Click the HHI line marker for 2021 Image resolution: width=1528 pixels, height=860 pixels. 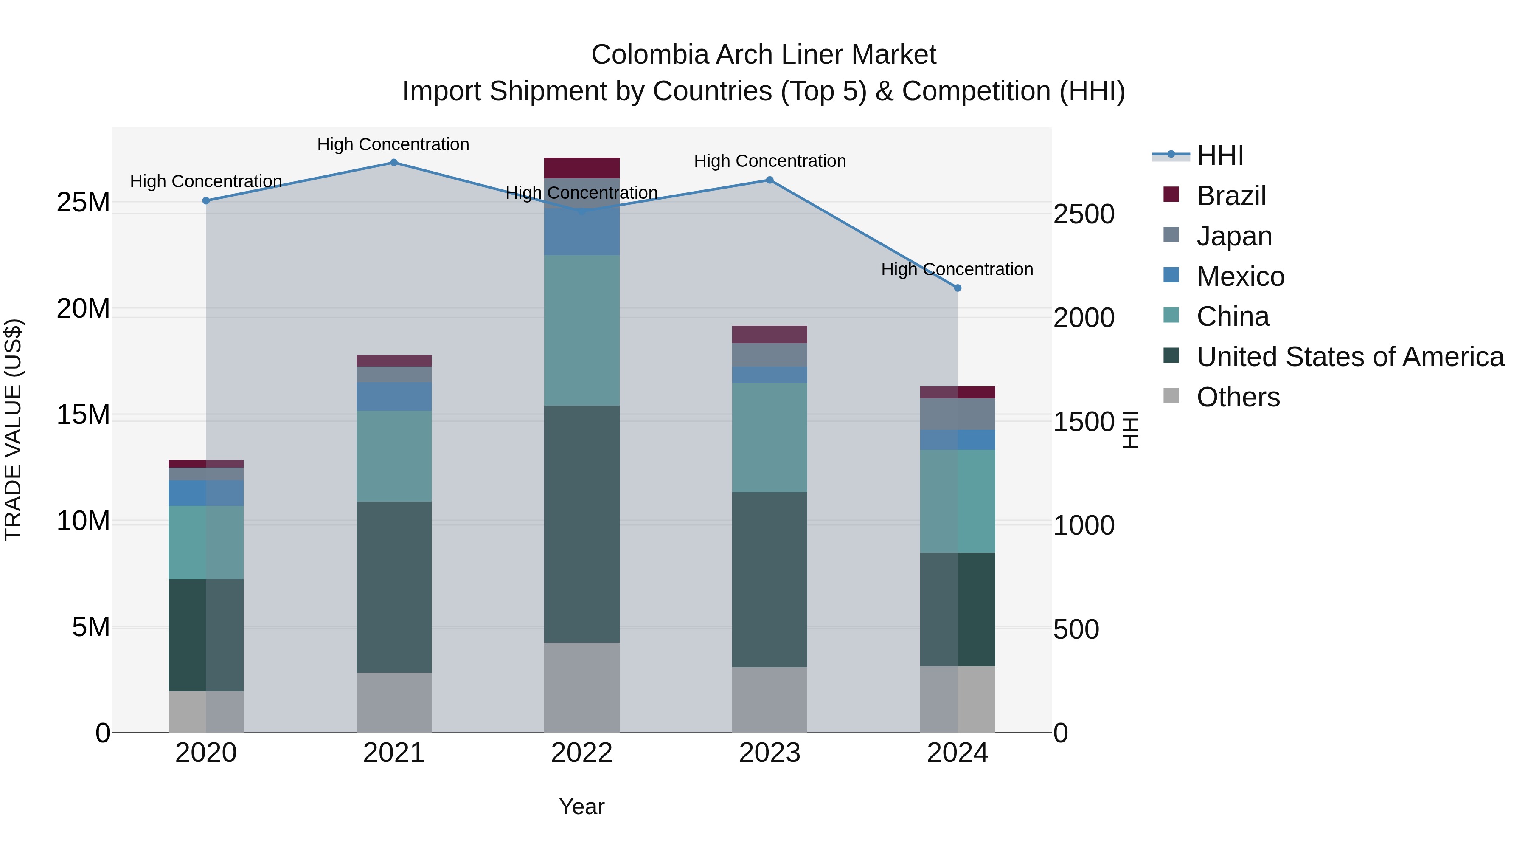pyautogui.click(x=394, y=163)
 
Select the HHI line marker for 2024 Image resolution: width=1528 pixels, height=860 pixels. pyautogui.click(x=958, y=288)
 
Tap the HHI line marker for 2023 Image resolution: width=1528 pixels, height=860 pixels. pyautogui.click(x=770, y=180)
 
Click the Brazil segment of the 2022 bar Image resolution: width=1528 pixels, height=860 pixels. pyautogui.click(x=581, y=168)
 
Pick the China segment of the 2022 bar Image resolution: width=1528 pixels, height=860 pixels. pyautogui.click(x=581, y=330)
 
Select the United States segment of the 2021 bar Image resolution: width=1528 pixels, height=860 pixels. pyautogui.click(x=394, y=586)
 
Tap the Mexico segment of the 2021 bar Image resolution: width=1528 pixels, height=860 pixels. pyautogui.click(x=394, y=397)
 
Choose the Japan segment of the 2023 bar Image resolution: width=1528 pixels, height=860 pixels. pyautogui.click(x=770, y=355)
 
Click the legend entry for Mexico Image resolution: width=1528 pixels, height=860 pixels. pyautogui.click(x=1240, y=276)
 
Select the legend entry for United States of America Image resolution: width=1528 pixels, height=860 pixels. pyautogui.click(x=1349, y=357)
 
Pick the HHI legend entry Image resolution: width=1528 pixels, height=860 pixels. pyautogui.click(x=1219, y=155)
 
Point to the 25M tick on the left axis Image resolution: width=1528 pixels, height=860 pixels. pyautogui.click(x=83, y=203)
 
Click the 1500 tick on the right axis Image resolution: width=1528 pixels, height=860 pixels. pyautogui.click(x=1083, y=422)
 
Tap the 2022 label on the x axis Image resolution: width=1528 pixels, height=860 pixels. pyautogui.click(x=581, y=753)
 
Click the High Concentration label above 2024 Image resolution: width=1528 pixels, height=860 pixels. pyautogui.click(x=957, y=269)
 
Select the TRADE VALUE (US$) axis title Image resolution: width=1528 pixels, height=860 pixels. pyautogui.click(x=13, y=430)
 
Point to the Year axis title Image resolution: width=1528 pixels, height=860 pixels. pyautogui.click(x=581, y=806)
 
